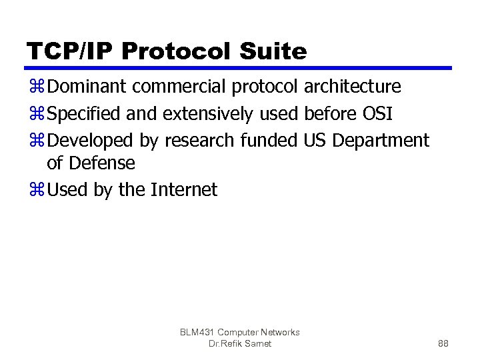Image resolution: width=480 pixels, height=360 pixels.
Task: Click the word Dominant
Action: pos(87,87)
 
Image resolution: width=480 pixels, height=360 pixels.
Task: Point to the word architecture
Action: pos(352,87)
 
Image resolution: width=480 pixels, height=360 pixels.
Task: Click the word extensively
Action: pos(207,114)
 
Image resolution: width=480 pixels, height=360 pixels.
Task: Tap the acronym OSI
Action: pos(377,114)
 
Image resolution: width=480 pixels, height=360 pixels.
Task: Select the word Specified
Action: pos(84,114)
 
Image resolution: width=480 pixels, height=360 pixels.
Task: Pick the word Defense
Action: pos(101,163)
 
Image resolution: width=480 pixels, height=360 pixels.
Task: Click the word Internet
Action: pos(184,190)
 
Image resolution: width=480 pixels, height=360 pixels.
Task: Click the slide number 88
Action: pos(443,344)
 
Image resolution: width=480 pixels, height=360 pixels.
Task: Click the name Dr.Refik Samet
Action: pos(240,344)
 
